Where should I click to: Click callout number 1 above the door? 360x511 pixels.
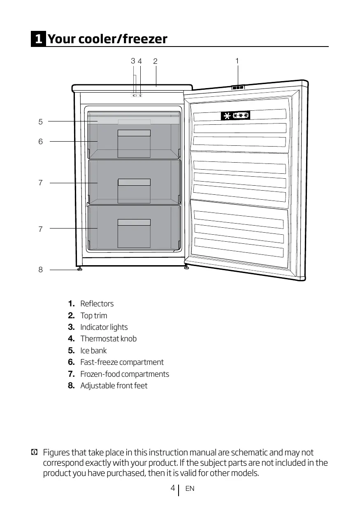(x=237, y=61)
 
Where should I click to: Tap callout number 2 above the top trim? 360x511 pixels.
(x=155, y=61)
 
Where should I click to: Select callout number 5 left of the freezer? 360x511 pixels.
(x=40, y=121)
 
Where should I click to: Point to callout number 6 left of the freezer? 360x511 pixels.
(x=40, y=142)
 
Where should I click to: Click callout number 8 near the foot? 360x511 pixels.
(x=40, y=270)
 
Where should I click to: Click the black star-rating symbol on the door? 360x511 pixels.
(x=235, y=116)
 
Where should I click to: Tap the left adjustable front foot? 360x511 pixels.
(x=79, y=269)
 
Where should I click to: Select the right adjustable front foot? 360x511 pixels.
(x=187, y=268)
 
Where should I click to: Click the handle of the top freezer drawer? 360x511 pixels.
(x=134, y=133)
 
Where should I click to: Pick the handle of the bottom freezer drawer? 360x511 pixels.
(x=134, y=222)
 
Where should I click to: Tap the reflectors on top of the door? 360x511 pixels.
(x=238, y=87)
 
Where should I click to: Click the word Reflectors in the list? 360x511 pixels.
(x=97, y=304)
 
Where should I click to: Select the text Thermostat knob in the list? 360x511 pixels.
(x=108, y=339)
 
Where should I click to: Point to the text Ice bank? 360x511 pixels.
(x=93, y=351)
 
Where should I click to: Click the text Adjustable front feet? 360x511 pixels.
(x=114, y=386)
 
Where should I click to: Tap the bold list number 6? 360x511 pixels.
(x=71, y=362)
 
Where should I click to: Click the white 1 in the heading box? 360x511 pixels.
(x=38, y=39)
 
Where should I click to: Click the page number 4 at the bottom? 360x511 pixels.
(x=173, y=488)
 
